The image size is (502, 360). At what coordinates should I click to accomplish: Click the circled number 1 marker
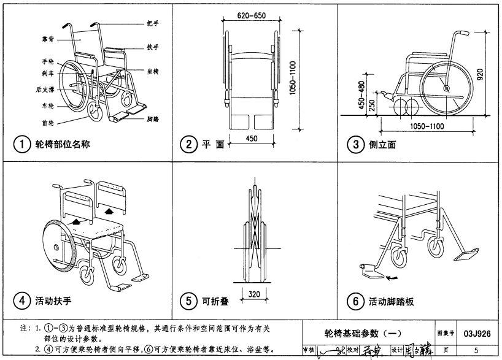coord(21,145)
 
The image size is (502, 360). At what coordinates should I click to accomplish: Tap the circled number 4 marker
coord(21,301)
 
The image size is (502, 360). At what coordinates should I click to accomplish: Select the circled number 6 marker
coord(354,301)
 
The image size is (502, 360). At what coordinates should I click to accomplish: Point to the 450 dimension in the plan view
coord(251,139)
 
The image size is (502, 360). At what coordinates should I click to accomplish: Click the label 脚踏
coord(153,119)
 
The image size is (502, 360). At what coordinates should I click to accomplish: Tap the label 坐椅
coord(153,72)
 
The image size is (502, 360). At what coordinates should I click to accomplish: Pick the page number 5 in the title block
coord(476,350)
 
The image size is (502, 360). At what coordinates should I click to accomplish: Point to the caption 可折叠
coord(216,301)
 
